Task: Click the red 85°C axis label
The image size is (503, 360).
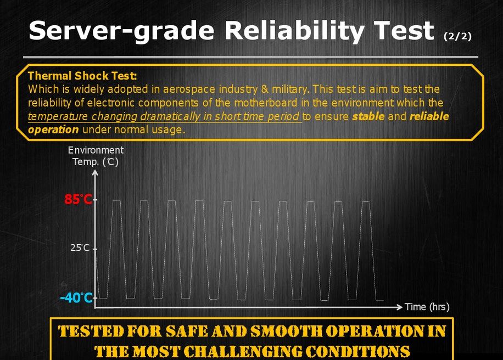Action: point(79,199)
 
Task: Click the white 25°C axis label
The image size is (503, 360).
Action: point(80,248)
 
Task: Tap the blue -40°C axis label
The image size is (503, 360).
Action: point(76,298)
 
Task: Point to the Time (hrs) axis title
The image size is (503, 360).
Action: point(427,307)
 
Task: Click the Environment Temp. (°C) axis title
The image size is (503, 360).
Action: point(96,156)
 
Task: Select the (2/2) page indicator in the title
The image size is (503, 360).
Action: point(457,36)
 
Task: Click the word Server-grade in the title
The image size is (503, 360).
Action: point(121,31)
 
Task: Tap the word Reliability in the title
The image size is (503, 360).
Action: point(294,31)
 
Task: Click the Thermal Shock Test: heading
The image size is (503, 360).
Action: point(82,76)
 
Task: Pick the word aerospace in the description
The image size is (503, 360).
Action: point(189,89)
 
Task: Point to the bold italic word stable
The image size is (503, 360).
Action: point(368,116)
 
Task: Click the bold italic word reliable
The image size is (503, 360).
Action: point(429,116)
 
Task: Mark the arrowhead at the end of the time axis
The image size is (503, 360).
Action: point(400,307)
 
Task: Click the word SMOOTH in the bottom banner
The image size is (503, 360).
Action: point(286,331)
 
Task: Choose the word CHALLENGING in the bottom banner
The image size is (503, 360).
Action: point(243,352)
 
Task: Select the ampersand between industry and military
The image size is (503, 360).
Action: point(265,89)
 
